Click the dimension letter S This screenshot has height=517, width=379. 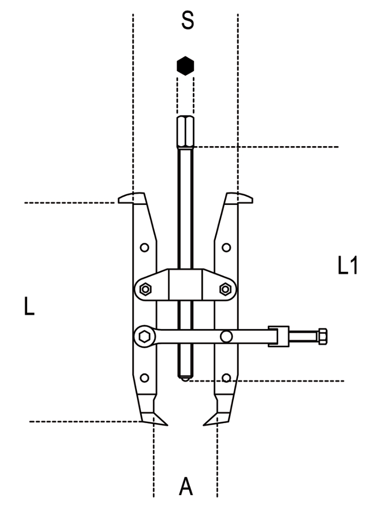[x=187, y=20]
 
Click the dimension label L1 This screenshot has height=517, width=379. [x=348, y=265]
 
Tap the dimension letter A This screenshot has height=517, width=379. [x=186, y=487]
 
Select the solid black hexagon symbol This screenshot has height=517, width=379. [x=185, y=65]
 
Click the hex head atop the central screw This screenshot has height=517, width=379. [x=185, y=132]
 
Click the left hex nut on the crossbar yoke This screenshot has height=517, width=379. [x=145, y=289]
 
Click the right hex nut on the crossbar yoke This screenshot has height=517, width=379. [x=225, y=289]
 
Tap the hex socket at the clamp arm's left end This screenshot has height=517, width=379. [x=144, y=337]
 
